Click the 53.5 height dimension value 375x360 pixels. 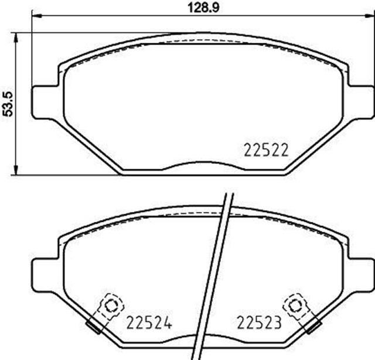[8, 103]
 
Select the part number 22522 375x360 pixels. [264, 150]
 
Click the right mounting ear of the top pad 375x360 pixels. [360, 101]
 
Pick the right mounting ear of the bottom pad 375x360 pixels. [360, 275]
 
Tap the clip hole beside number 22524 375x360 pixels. [108, 304]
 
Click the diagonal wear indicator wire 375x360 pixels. [214, 275]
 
